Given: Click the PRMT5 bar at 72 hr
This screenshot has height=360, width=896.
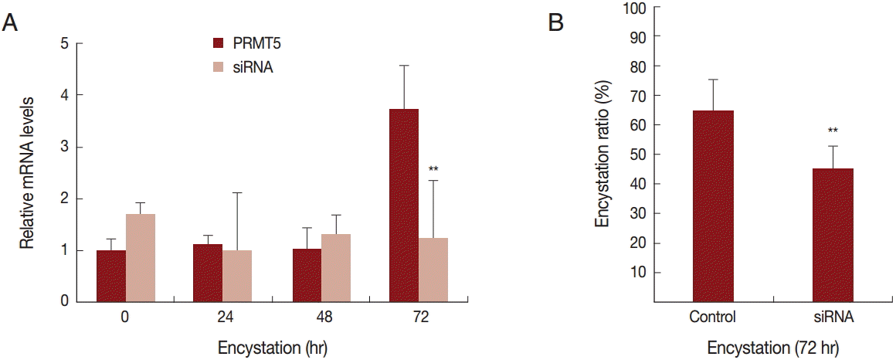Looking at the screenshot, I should tap(404, 205).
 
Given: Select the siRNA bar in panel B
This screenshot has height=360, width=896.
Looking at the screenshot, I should tap(833, 235).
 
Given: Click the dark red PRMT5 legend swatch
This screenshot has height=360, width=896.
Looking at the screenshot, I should tap(218, 42).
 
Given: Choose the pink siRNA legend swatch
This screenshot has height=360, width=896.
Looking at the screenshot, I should tap(218, 67).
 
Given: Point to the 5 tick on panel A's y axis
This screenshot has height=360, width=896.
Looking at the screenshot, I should tap(79, 44).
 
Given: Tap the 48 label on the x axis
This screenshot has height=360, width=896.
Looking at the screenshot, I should tap(321, 318).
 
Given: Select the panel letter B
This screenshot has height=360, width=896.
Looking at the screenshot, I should tap(555, 23).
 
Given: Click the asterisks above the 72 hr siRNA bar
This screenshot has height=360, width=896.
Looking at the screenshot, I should tap(433, 168).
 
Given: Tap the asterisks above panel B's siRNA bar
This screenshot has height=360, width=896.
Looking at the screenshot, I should tap(833, 131).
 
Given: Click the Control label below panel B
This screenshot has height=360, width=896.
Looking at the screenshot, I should tap(713, 317).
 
